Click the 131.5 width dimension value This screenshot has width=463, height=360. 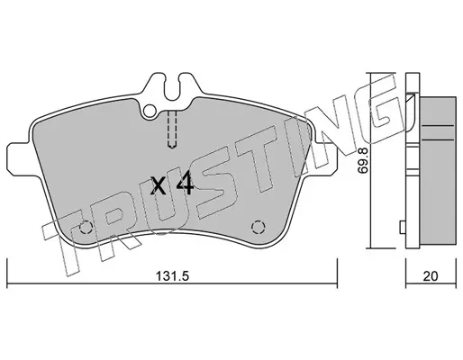[x=172, y=275]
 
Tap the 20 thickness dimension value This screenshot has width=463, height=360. [x=431, y=276]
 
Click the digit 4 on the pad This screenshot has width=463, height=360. [x=185, y=184]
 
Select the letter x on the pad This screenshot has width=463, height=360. [x=158, y=185]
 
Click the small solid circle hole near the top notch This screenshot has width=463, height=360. [x=150, y=111]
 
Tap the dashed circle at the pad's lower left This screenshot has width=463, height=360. [x=86, y=227]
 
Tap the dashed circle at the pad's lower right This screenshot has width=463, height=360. [x=258, y=227]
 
